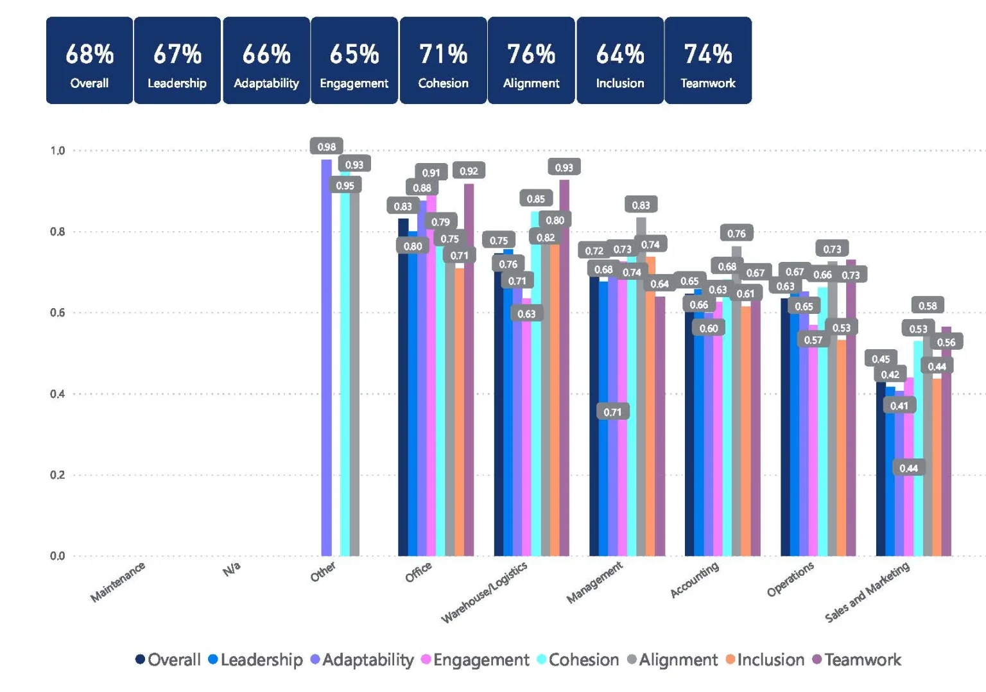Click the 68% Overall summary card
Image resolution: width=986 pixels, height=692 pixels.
[x=89, y=60]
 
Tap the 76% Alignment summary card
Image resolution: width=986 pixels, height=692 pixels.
[x=531, y=60]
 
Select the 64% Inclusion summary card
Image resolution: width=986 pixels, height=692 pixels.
[x=619, y=60]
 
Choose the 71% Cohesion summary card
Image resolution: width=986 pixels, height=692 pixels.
[x=443, y=60]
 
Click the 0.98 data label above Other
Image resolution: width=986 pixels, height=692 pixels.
[x=326, y=146]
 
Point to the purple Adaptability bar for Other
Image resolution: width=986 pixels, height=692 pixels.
[x=327, y=359]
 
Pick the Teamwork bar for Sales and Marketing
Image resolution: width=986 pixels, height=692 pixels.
[x=946, y=449]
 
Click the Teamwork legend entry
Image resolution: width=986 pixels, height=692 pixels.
[x=857, y=660]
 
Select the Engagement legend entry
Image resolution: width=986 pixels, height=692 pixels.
[x=475, y=660]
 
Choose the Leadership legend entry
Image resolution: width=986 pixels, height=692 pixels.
[x=255, y=660]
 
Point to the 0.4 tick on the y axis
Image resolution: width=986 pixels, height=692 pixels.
[x=58, y=394]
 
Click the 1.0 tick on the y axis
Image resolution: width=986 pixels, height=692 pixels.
[x=58, y=151]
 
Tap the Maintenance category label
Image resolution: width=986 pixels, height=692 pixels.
[x=118, y=582]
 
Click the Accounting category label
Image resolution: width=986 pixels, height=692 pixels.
[x=695, y=580]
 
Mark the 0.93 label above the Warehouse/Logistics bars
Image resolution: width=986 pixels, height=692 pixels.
[x=564, y=168]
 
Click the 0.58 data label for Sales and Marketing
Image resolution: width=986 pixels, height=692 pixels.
[x=927, y=306]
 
